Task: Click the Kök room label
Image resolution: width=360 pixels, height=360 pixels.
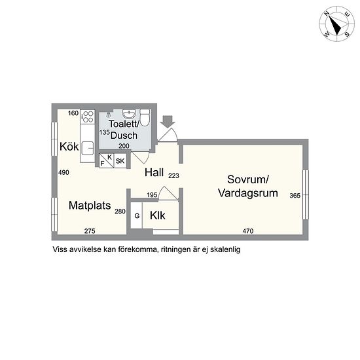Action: tap(69, 147)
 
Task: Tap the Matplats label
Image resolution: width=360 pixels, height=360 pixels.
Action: tap(90, 206)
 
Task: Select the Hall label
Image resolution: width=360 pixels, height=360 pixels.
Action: tap(154, 172)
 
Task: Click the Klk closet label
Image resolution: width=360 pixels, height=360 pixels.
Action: tap(158, 215)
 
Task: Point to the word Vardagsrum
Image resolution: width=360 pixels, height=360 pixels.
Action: tap(248, 193)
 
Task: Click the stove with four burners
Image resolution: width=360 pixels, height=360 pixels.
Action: tap(88, 117)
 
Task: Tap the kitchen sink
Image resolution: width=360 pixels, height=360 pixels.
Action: tap(88, 149)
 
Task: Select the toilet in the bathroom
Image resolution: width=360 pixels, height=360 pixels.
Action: tap(145, 118)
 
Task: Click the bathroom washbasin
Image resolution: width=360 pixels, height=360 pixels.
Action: tap(129, 114)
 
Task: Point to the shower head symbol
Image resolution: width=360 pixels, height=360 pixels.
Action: tap(109, 115)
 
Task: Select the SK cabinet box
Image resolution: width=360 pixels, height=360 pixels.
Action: tap(120, 161)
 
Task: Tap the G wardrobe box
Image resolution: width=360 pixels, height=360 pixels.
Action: tap(137, 216)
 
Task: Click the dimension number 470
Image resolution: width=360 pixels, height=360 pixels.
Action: tap(248, 231)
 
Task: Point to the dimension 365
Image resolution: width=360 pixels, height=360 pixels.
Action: tap(295, 196)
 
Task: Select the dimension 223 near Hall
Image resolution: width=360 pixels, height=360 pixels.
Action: tap(173, 176)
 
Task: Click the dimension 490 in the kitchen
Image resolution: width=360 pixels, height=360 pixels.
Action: tap(63, 172)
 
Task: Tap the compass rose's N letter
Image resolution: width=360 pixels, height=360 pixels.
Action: tap(327, 14)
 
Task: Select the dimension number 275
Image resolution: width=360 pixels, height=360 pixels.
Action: tap(90, 231)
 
